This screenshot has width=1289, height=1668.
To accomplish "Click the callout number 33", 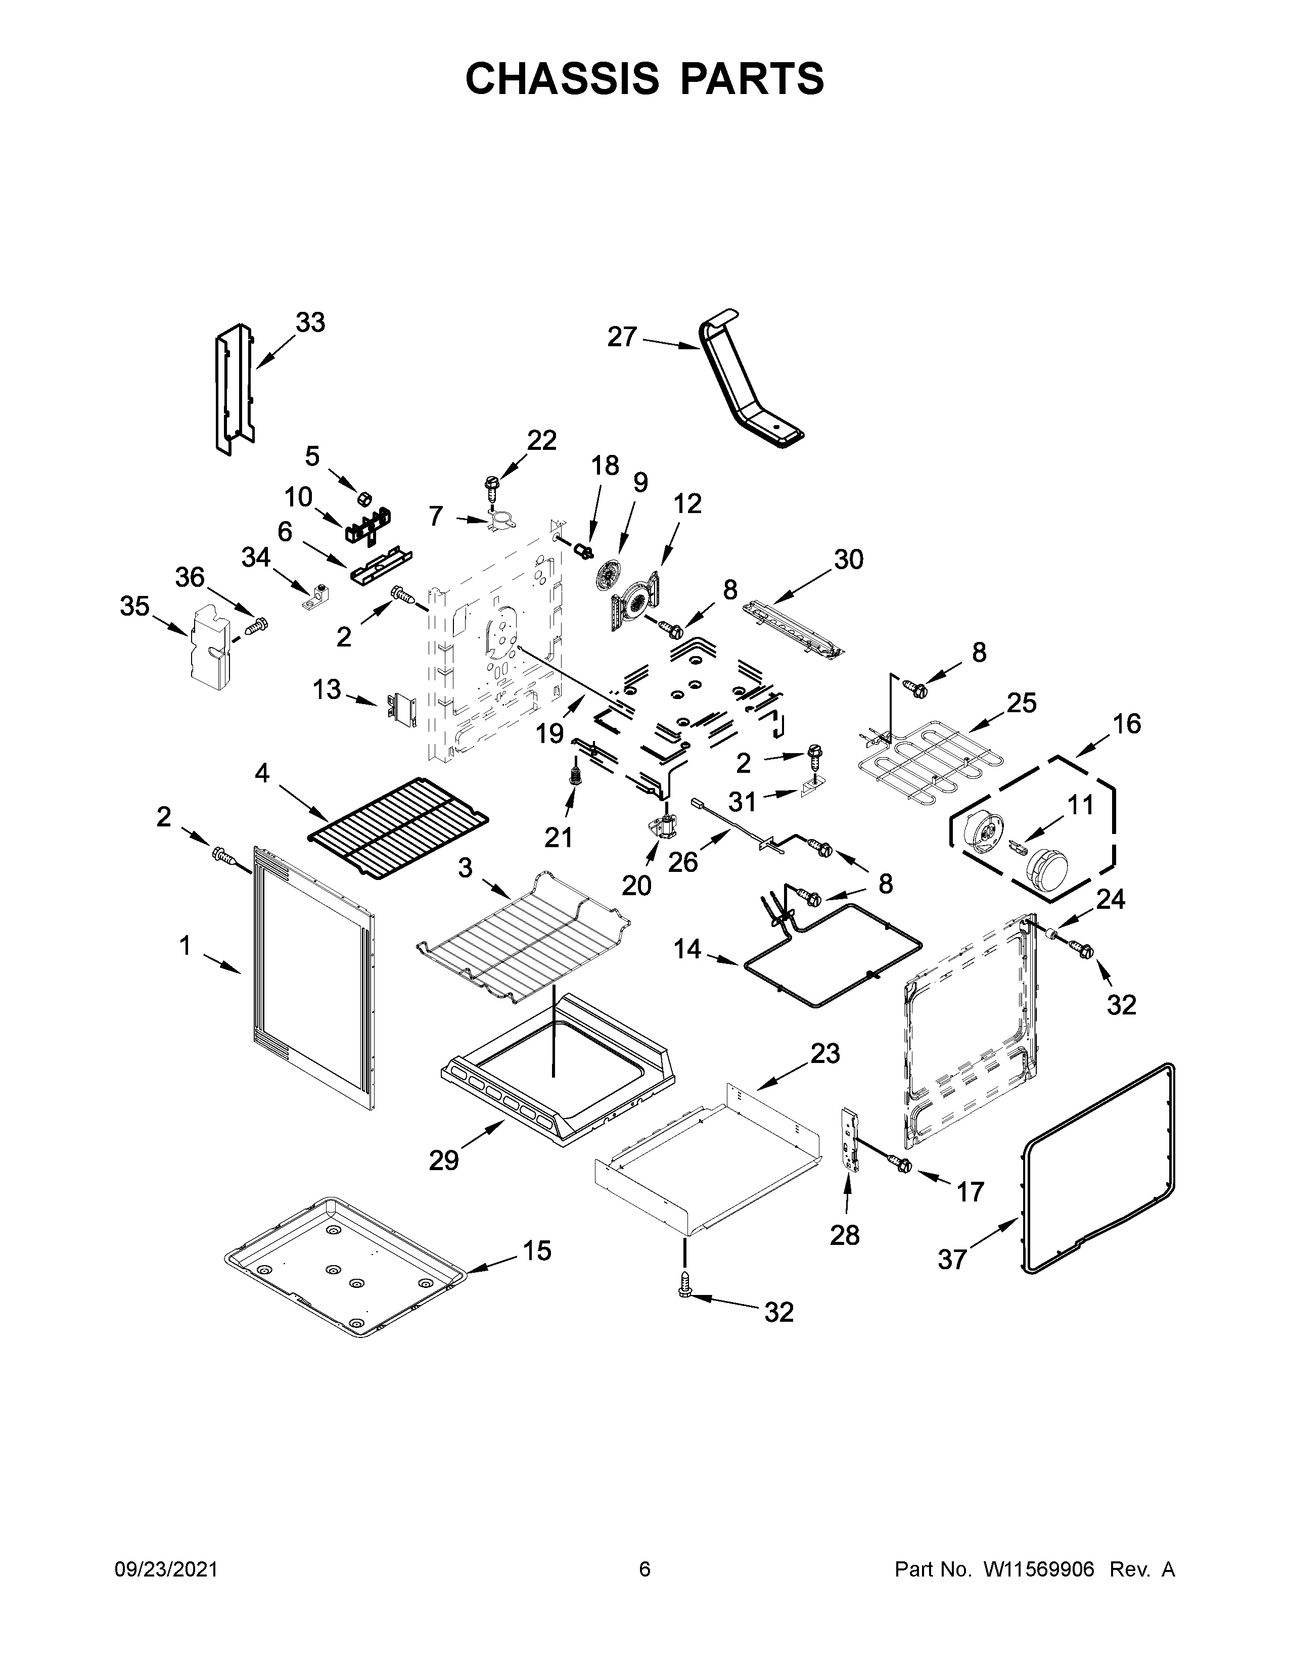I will [x=310, y=323].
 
